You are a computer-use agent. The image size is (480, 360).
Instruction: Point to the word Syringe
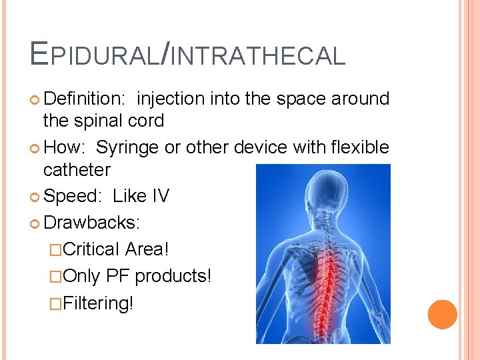[x=128, y=147]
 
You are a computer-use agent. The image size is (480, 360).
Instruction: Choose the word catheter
[x=77, y=170]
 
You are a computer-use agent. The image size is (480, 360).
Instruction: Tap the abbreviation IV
[x=160, y=196]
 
